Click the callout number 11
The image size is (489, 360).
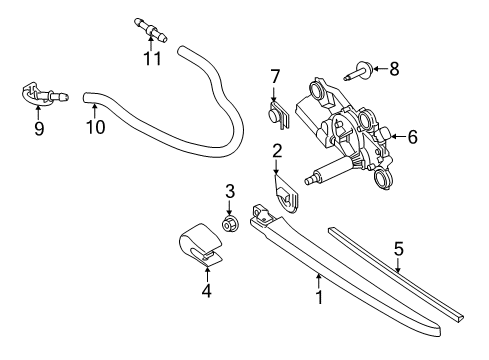pos(152,59)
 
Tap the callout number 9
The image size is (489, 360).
pos(39,128)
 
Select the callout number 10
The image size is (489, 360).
pos(96,127)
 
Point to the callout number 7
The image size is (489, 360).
pos(275,77)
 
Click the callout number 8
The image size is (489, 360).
pos(394,69)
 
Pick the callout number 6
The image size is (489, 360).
pos(413,137)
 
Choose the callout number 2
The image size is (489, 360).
pos(277,151)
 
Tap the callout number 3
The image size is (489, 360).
pos(230,191)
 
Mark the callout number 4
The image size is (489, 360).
pos(207,291)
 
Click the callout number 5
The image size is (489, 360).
pos(399,249)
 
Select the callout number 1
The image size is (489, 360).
pos(319,297)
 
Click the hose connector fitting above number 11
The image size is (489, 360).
pos(150,29)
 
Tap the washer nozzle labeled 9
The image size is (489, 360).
pos(43,94)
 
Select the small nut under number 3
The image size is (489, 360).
pos(229,224)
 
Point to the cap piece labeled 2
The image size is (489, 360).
pos(287,196)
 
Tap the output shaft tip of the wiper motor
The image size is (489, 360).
pos(308,181)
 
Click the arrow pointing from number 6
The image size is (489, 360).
pos(399,136)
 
